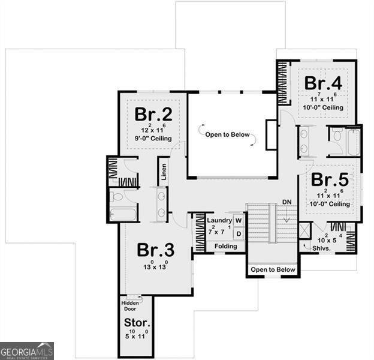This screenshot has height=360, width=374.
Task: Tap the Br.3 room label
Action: pos(155,249)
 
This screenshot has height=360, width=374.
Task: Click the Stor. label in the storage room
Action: pos(137,324)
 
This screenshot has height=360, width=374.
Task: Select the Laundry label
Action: pos(219,221)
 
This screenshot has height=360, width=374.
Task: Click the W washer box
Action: pos(238,221)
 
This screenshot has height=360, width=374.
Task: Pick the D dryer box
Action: pos(238,233)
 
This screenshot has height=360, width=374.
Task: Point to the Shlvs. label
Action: pos(313,247)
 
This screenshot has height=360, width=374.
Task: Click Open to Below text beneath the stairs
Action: pos(273,269)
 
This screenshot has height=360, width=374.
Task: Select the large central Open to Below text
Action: pos(227,134)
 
